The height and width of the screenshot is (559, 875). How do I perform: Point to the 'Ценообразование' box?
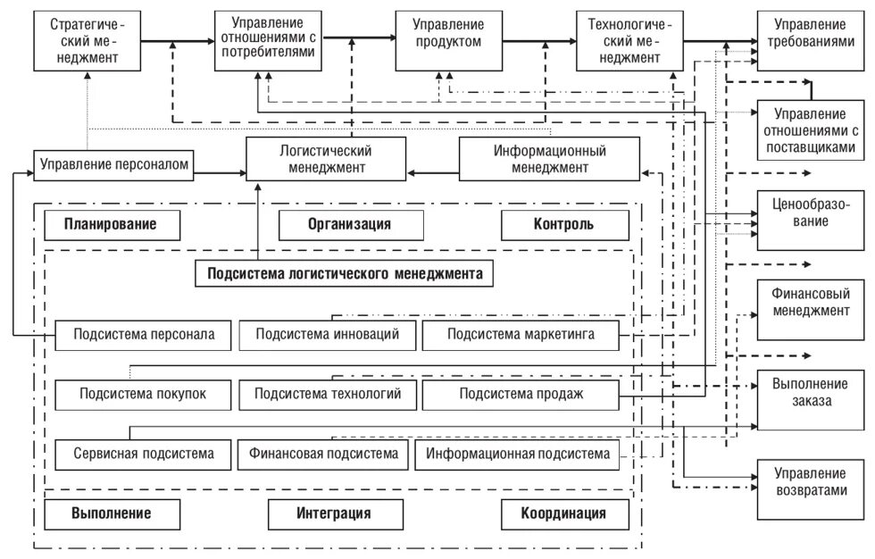[810, 221]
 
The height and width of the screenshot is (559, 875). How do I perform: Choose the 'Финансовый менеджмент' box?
[810, 309]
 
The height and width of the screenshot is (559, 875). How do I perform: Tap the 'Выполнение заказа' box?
[810, 399]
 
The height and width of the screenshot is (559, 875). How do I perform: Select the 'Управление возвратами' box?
[810, 488]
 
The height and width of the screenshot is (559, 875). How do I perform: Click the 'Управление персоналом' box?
[114, 164]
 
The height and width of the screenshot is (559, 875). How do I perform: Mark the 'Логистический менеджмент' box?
[326, 159]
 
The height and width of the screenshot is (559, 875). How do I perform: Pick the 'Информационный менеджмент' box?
[549, 159]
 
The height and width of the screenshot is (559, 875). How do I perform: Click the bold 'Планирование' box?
[111, 225]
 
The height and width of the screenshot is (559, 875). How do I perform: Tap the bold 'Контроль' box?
[563, 225]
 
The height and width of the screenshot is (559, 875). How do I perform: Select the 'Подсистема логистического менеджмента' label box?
[345, 274]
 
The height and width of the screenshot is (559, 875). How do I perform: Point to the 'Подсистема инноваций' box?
[327, 335]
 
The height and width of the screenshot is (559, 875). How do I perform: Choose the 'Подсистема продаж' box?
[521, 394]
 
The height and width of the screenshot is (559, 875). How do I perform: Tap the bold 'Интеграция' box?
[333, 513]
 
